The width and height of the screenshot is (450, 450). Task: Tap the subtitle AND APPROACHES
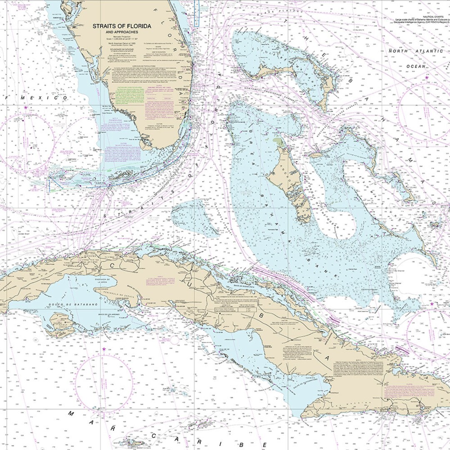[x=115, y=32]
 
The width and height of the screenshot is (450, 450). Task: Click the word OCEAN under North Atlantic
[x=416, y=66]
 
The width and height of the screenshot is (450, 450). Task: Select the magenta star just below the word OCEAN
[x=427, y=77]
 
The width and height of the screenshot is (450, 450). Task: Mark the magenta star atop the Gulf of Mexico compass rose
[x=26, y=107]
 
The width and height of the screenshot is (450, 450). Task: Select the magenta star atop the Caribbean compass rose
[x=104, y=349]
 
